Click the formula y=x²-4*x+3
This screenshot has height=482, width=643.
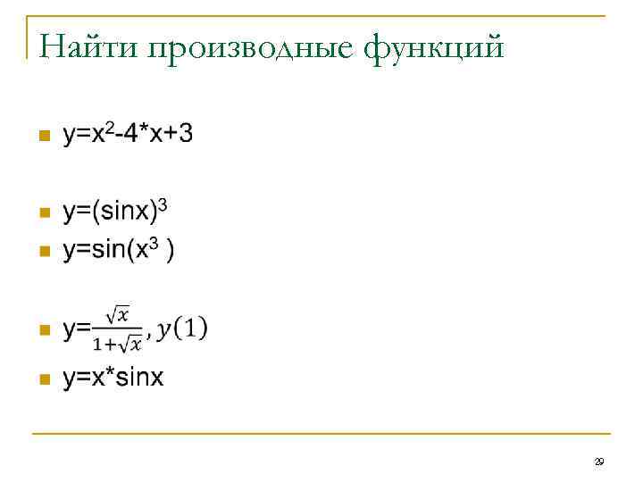point(127,135)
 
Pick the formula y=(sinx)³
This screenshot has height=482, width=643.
point(115,212)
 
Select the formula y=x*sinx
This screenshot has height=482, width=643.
point(113,378)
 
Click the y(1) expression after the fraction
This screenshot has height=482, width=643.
point(182,328)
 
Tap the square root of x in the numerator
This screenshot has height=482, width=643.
point(118,315)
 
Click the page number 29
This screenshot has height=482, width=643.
point(599,461)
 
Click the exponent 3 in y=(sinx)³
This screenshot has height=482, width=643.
point(163,206)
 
